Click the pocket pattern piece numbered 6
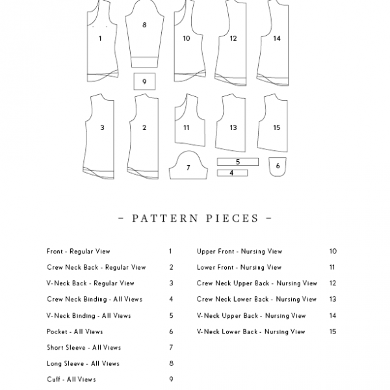[278, 166]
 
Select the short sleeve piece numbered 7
[188, 167]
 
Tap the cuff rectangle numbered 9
[144, 81]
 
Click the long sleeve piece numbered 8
[144, 32]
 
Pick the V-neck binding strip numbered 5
[237, 161]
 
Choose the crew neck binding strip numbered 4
[232, 173]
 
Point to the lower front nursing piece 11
[187, 123]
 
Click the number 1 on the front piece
[100, 38]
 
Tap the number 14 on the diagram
[277, 38]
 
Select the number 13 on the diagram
[233, 128]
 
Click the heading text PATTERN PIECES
[196, 218]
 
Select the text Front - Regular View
[79, 251]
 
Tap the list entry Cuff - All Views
[71, 380]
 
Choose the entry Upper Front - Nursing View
[239, 251]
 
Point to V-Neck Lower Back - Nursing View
[251, 331]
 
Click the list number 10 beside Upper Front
[333, 251]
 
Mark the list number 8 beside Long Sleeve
[170, 363]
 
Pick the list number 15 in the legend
[333, 331]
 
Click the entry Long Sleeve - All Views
[83, 363]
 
